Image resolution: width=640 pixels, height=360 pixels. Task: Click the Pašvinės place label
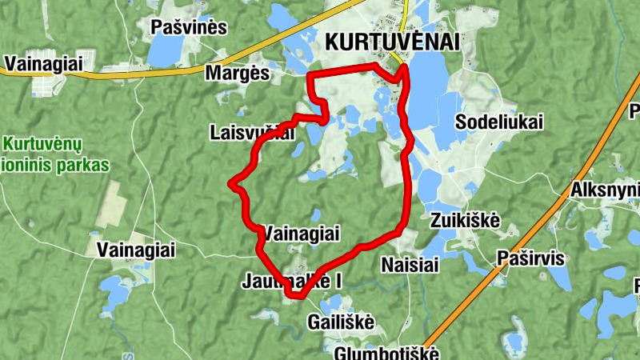tap(189, 27)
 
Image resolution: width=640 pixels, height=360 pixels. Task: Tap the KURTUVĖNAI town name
tap(394, 43)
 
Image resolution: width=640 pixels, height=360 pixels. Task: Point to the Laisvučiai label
tap(251, 132)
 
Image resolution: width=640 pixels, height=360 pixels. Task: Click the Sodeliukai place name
tap(499, 122)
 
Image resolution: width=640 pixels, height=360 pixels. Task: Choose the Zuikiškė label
tap(465, 219)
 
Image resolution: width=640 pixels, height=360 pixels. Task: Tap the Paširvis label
tap(530, 258)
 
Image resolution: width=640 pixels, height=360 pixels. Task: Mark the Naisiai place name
tap(410, 265)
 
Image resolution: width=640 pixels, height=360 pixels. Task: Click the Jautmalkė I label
tap(291, 282)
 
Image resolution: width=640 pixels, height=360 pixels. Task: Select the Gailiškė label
tap(341, 321)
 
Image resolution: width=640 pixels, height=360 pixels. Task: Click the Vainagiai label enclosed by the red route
tap(302, 233)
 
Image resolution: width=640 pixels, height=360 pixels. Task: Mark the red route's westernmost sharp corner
tap(231, 184)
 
